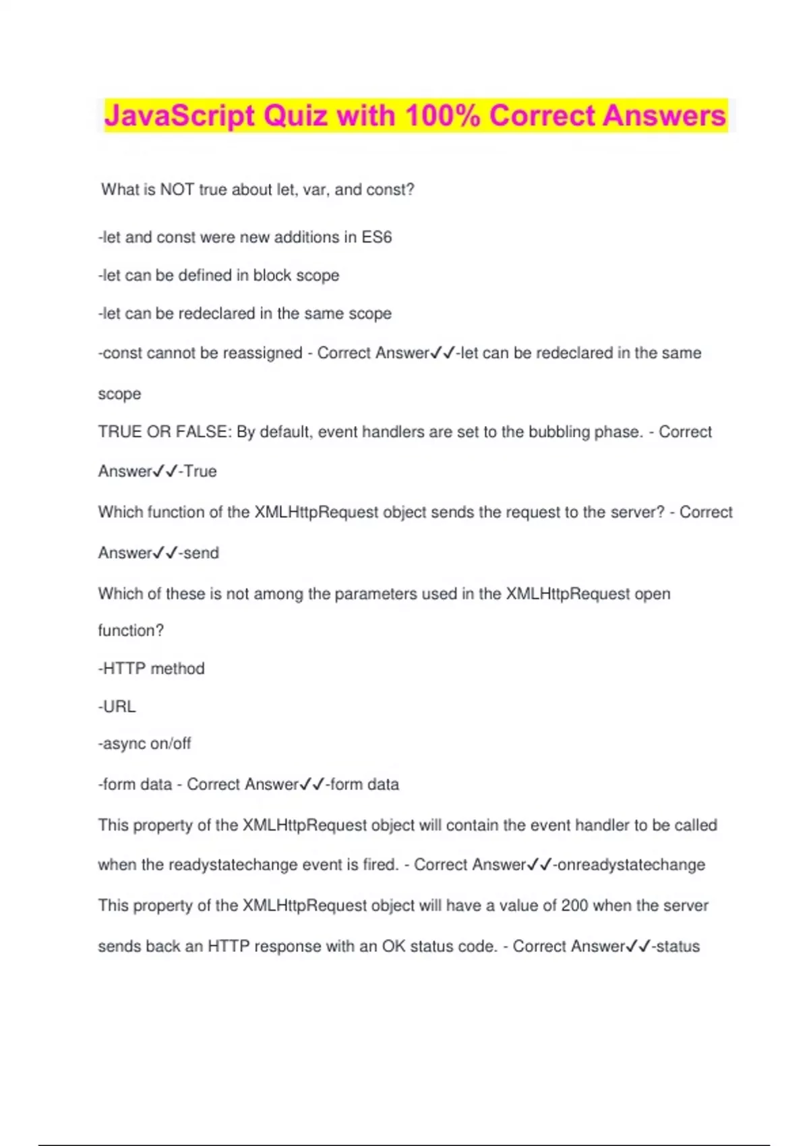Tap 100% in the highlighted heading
click(x=442, y=116)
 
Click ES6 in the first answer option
click(x=377, y=237)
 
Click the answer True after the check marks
click(x=200, y=471)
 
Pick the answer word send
click(x=202, y=553)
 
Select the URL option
click(x=119, y=706)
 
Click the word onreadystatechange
click(x=631, y=865)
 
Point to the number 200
click(x=574, y=905)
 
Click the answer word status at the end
click(x=678, y=946)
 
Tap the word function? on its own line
click(x=131, y=630)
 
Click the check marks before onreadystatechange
click(x=539, y=865)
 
